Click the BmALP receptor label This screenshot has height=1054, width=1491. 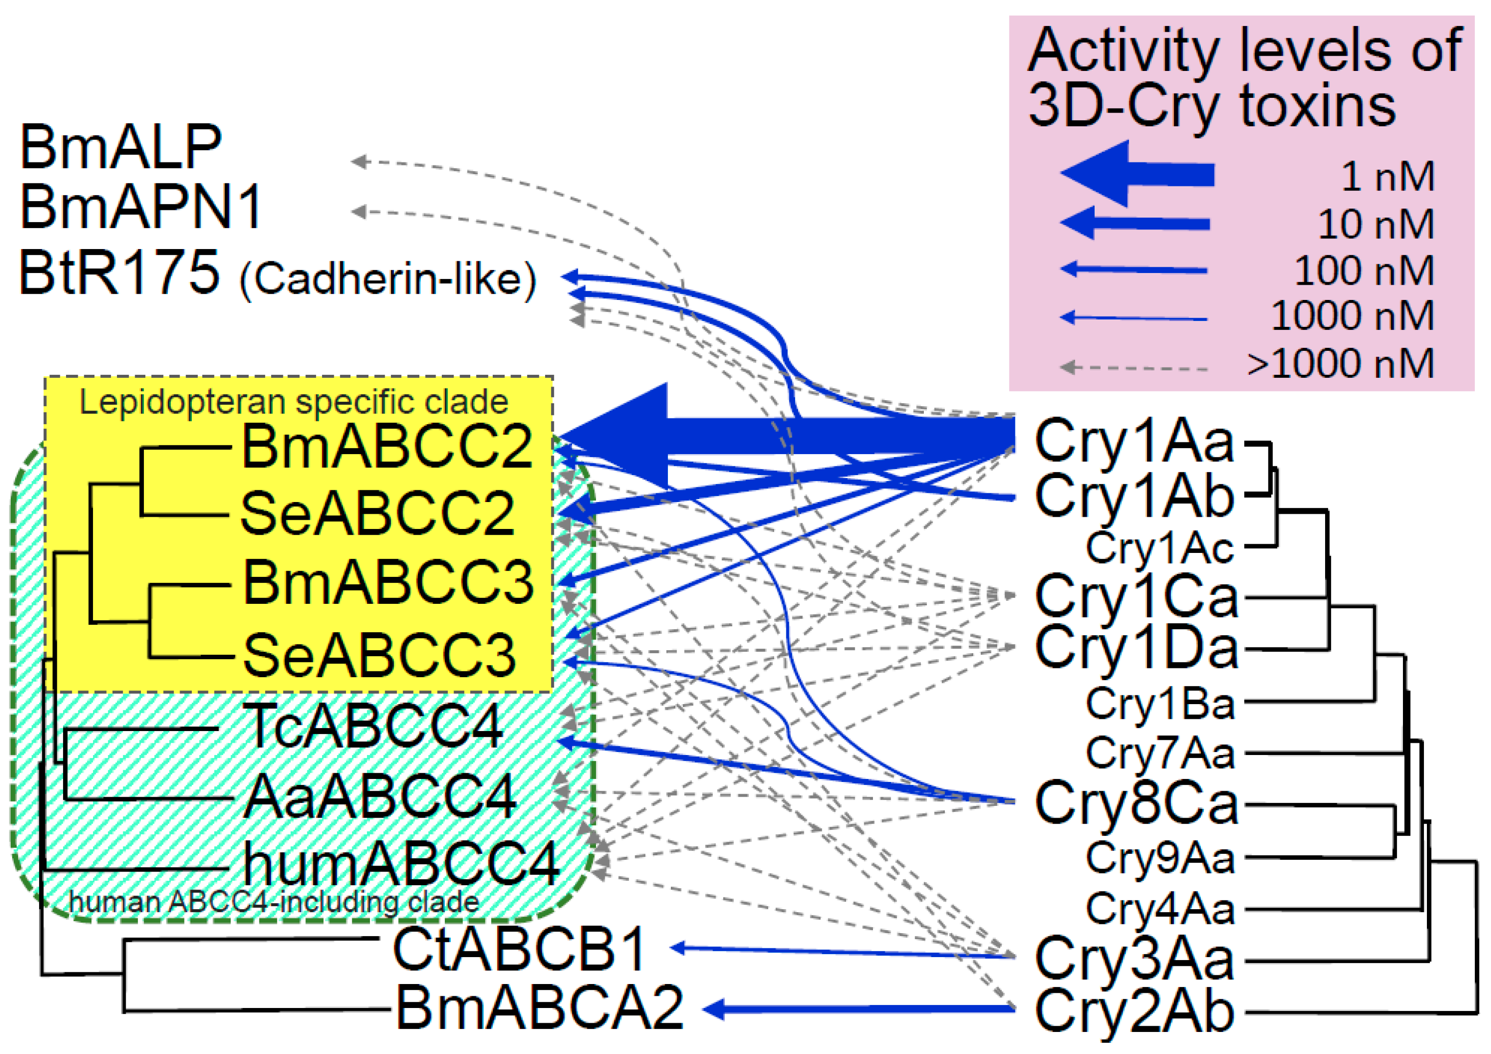121,147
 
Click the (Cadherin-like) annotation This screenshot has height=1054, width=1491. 388,279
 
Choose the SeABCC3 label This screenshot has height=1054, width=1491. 379,656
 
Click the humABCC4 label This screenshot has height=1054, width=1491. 401,864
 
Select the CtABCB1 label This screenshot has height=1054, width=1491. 520,949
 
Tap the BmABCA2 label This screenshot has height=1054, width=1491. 539,1008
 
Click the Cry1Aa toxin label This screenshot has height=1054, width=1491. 1134,441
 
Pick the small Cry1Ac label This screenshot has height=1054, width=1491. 1159,548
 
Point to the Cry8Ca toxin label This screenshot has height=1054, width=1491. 1136,804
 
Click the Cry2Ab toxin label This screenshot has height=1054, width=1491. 1134,1011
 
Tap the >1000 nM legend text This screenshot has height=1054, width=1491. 1340,364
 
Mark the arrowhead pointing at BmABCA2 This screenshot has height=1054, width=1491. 714,1009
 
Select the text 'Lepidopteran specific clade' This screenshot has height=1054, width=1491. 294,402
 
